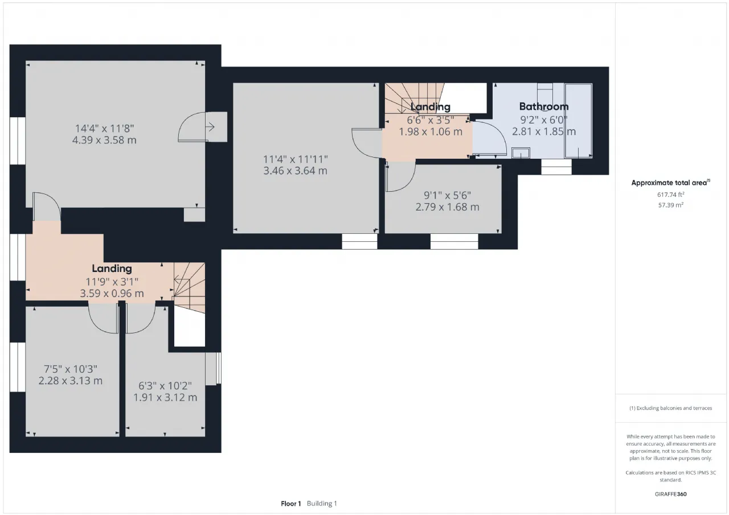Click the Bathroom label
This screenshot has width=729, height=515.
coord(543,106)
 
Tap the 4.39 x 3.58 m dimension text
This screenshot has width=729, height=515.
coord(104,140)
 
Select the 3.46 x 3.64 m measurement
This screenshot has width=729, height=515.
coord(295,171)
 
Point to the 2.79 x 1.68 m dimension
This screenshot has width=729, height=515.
coord(447,207)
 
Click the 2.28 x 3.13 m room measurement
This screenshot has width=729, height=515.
coord(70,380)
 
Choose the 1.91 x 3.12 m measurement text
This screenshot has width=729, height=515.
coord(165,397)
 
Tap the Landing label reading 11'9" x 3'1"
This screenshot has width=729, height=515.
coord(112,269)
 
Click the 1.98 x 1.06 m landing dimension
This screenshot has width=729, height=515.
coord(430,131)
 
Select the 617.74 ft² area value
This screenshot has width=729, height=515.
coord(670,195)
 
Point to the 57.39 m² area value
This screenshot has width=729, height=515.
coord(670,205)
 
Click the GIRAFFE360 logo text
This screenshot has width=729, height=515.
coord(670,494)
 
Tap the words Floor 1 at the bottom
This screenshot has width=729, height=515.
coord(291,504)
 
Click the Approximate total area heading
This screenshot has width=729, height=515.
coord(670,183)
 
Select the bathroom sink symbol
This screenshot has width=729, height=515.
coord(521,153)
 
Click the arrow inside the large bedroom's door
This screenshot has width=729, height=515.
coord(210,127)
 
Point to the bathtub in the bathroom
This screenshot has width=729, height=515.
coord(578,121)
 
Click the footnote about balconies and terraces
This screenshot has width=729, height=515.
coord(670,408)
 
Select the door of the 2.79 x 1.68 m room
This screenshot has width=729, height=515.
coord(400,176)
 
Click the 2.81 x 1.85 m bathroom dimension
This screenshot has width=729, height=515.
coord(543,131)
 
